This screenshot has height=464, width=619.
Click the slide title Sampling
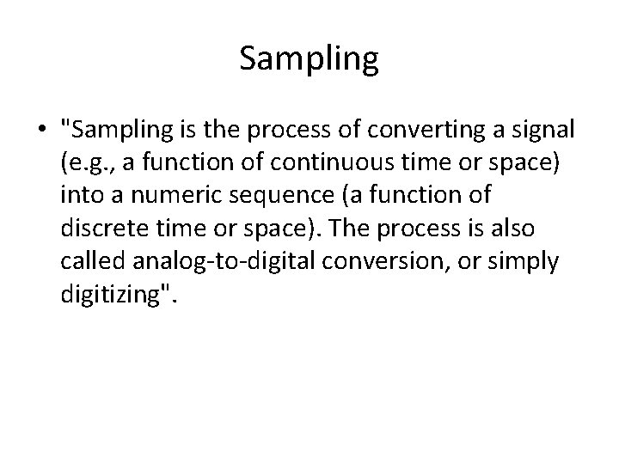tap(309, 58)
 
